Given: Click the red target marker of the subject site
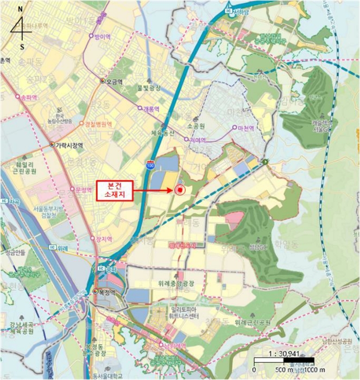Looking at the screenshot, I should [x=180, y=190].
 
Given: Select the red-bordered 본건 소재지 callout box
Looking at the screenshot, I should [x=114, y=190].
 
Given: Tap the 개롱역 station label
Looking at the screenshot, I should [x=150, y=109].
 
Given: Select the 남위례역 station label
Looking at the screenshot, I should [x=174, y=345].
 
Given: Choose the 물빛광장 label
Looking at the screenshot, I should [x=150, y=87].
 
